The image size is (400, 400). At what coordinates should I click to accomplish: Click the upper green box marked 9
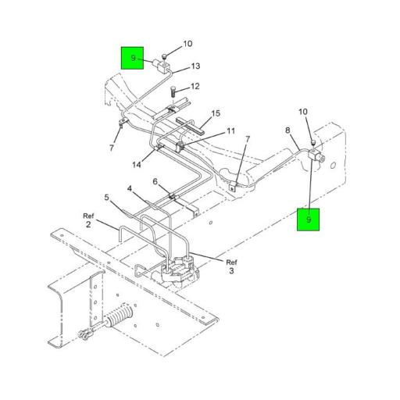[133, 59]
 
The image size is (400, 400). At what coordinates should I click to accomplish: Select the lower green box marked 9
[309, 220]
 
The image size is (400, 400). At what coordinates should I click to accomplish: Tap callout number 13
[195, 66]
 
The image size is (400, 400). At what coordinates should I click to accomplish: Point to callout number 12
[195, 87]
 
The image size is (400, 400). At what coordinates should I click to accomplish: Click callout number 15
[216, 113]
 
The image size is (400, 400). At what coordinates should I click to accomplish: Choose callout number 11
[230, 130]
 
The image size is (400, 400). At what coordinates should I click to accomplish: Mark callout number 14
[137, 164]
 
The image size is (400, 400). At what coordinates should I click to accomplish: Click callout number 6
[155, 181]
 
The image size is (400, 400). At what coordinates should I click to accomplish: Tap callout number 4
[130, 187]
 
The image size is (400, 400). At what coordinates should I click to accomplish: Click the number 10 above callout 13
[187, 44]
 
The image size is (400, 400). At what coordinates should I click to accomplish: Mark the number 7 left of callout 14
[112, 147]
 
